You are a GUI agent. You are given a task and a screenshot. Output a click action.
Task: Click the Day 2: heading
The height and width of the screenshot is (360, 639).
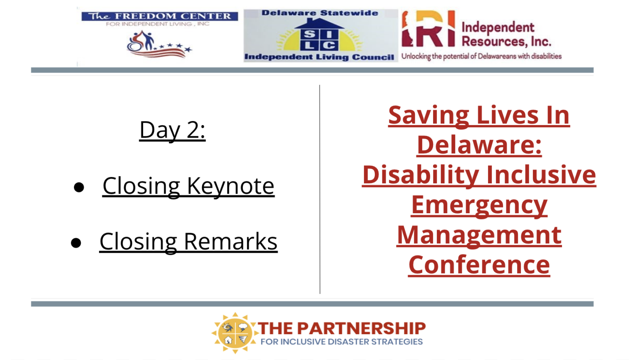(172, 130)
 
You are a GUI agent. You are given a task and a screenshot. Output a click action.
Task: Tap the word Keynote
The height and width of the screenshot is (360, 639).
(230, 186)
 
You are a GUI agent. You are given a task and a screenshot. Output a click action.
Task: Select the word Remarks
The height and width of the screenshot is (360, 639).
(230, 242)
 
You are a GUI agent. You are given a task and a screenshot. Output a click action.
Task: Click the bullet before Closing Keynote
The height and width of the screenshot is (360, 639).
(79, 187)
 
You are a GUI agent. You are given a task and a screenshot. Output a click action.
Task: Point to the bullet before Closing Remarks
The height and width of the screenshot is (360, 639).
(76, 243)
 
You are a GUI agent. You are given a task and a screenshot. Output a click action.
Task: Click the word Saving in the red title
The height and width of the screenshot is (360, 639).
(428, 116)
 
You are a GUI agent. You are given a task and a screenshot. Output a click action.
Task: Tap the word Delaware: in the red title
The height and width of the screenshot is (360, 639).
(479, 145)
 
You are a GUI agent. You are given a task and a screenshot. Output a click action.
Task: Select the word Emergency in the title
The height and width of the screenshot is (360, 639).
(479, 206)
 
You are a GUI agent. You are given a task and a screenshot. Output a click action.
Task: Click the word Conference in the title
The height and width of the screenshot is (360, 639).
(479, 265)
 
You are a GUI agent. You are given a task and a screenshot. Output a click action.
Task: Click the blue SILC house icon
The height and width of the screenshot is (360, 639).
(319, 35)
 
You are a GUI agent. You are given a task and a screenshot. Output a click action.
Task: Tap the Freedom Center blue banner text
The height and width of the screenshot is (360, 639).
(160, 16)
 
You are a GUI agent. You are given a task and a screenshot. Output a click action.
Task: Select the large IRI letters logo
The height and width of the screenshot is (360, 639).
(428, 29)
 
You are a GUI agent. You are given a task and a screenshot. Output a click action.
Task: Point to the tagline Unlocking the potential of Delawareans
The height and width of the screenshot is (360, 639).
(481, 56)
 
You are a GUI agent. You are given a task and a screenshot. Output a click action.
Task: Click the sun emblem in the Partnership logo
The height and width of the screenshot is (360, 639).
(235, 333)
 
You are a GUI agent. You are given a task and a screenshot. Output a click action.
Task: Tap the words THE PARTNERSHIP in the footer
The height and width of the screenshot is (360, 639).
(342, 328)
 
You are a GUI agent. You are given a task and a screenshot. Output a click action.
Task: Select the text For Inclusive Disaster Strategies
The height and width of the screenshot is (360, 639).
(342, 342)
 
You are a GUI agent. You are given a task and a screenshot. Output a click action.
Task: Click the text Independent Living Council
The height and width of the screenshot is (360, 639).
(319, 57)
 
